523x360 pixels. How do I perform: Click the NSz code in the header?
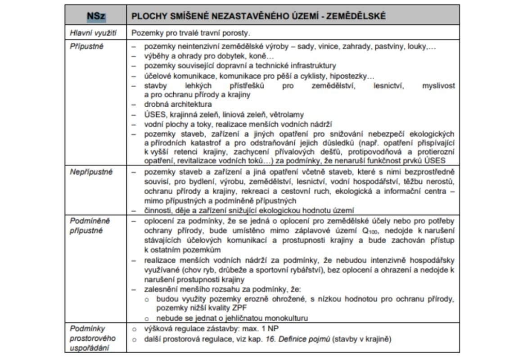pos(96,16)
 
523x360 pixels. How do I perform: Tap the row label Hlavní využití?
pos(89,33)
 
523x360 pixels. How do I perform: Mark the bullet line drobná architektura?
pos(172,104)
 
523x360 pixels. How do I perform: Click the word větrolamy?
pos(284,114)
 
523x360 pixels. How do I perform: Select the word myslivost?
pos(438,85)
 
